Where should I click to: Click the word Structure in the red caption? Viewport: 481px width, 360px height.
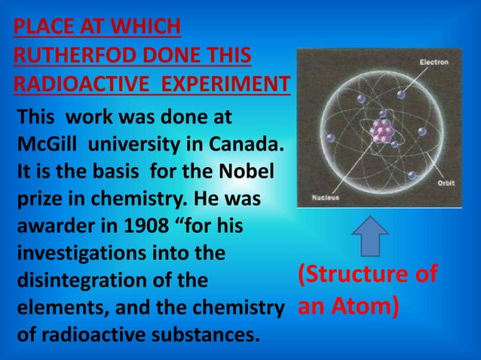tap(357, 275)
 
